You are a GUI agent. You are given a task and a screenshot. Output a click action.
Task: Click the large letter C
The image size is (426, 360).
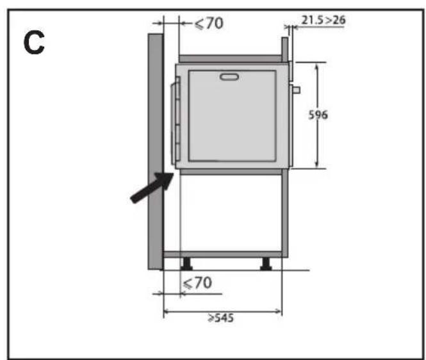coord(34,42)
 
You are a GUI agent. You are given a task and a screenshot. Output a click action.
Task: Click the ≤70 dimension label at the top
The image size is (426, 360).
coord(209,23)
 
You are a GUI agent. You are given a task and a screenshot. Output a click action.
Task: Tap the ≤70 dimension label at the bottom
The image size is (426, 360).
coord(197,283)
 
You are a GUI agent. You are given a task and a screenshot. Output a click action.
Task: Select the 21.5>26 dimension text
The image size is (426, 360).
coord(324,20)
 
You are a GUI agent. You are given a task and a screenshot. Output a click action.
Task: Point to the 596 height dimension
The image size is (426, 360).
coord(318,115)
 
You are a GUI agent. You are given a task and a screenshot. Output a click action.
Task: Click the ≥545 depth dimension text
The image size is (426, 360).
coord(220,318)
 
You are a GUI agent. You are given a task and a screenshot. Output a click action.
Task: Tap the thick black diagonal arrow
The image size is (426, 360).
coord(152,188)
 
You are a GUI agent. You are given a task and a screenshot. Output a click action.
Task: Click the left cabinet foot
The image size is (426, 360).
coord(186,263)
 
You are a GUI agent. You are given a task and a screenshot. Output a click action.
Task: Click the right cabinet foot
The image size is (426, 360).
coord(266,263)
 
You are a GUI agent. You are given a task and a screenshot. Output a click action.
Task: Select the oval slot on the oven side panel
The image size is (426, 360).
coord(229,77)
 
